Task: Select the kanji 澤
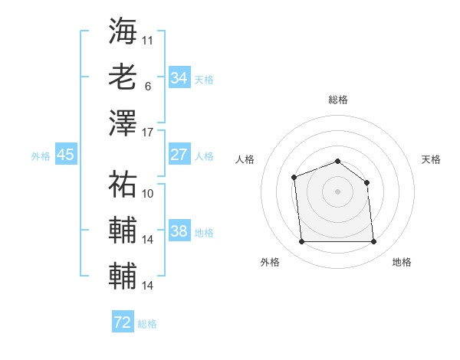tap(123, 122)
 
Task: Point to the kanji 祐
tap(123, 185)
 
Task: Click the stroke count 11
tap(148, 39)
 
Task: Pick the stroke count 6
tap(148, 86)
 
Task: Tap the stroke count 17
tap(148, 132)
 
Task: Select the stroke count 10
tap(148, 194)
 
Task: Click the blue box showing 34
tap(179, 77)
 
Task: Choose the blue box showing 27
tap(179, 155)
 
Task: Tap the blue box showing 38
tap(179, 232)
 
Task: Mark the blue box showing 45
tap(66, 155)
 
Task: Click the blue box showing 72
tap(123, 322)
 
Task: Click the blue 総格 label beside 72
tap(147, 324)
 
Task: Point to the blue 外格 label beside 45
tap(41, 156)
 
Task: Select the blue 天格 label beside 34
tap(204, 79)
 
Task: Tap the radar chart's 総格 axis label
tap(338, 100)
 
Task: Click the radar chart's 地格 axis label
tap(402, 262)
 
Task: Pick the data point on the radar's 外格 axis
tap(301, 242)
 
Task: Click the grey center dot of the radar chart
tap(337, 191)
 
